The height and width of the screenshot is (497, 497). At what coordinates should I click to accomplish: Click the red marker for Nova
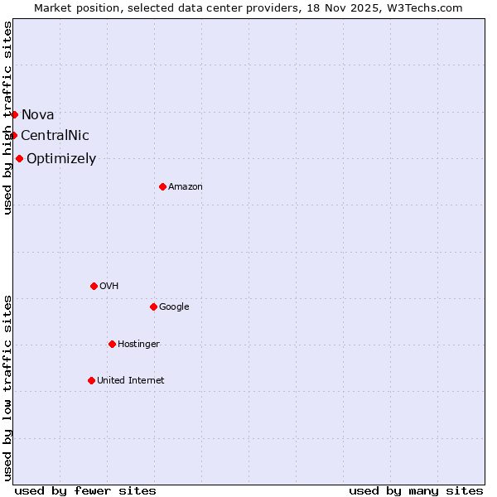coord(14,114)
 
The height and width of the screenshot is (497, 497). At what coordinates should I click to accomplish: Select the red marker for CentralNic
coord(13,135)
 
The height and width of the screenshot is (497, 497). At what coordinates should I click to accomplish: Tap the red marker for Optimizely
coord(19,158)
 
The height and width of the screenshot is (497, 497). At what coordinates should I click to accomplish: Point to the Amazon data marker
coord(162,186)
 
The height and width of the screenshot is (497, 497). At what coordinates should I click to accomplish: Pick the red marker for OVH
coord(94,286)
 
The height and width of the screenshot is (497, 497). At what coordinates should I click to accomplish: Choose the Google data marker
coord(153,306)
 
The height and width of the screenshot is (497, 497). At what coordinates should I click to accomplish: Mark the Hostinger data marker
coord(112,344)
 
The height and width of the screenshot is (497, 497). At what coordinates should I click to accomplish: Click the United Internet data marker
coord(91,380)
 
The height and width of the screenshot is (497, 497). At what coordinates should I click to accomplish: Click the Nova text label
coord(38,114)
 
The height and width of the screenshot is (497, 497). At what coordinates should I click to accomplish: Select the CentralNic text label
coord(55,135)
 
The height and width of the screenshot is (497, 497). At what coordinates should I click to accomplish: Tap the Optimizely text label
coord(61,158)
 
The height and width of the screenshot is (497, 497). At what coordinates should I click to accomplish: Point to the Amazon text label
coord(186,186)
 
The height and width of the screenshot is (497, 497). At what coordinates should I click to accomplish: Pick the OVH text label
coord(109,286)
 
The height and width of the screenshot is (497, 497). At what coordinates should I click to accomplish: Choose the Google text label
coord(174,306)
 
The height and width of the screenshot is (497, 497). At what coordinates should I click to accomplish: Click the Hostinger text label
coord(138,344)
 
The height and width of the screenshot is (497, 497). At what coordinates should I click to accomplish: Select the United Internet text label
coord(131,380)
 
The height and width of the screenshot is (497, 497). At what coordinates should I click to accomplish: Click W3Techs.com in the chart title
coord(428,7)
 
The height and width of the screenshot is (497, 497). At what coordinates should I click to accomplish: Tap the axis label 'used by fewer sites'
coord(85,490)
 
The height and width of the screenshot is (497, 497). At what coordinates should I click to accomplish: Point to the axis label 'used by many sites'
coord(416,490)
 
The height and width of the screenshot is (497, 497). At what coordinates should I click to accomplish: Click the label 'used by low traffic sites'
coord(7,388)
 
